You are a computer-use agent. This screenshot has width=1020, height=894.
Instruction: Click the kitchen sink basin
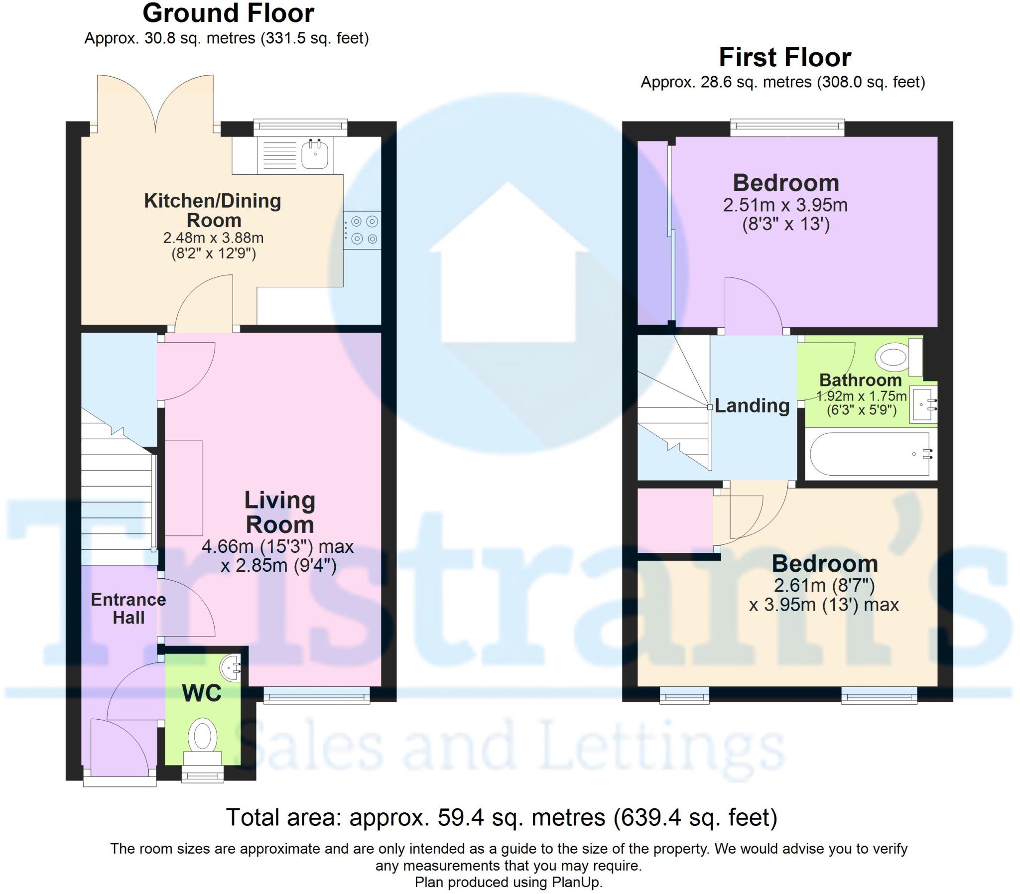point(315,154)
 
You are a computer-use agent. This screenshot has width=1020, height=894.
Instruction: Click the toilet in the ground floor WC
point(203,736)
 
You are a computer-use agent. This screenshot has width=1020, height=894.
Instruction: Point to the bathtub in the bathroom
point(871,454)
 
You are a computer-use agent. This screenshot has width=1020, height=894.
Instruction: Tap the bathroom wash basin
point(922,404)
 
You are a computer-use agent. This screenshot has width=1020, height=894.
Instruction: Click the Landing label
point(752,405)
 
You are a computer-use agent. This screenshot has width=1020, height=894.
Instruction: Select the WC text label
point(202,693)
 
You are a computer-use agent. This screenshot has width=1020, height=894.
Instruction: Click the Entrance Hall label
point(128,608)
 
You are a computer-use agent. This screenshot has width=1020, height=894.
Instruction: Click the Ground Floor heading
point(229,13)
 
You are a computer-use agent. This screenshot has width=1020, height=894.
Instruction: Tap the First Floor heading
point(784,57)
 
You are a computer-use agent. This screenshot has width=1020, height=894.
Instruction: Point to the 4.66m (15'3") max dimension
point(277,547)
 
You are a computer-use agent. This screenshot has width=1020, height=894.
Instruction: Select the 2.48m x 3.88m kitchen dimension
point(214,238)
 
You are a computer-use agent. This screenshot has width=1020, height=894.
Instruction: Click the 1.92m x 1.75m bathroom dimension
point(861,396)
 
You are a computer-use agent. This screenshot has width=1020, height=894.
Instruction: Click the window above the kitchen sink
point(300,127)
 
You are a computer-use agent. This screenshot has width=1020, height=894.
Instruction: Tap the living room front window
point(317,695)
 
